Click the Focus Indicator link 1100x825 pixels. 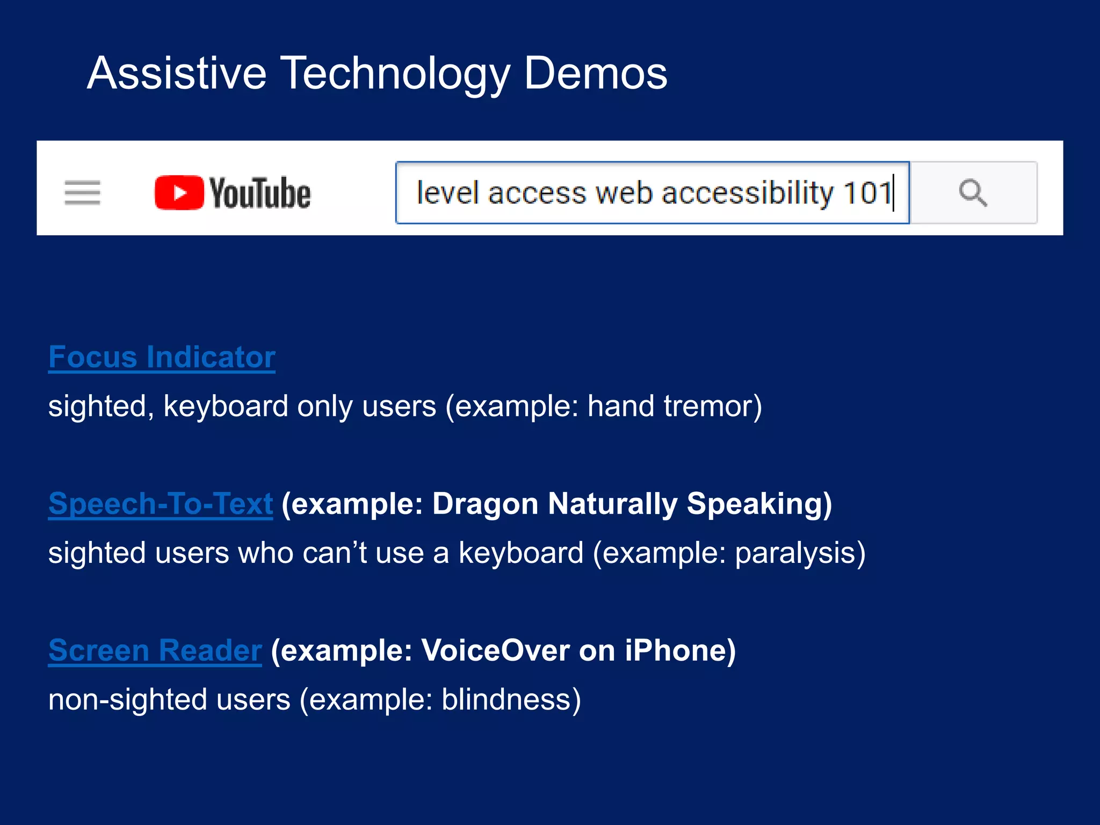click(162, 357)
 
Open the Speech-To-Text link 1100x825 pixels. click(161, 504)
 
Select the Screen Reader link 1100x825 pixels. click(155, 650)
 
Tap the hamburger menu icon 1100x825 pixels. click(82, 193)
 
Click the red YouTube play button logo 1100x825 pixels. click(179, 193)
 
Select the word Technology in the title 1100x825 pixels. click(395, 74)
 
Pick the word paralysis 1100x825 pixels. click(799, 553)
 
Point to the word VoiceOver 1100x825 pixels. click(495, 650)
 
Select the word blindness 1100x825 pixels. click(510, 699)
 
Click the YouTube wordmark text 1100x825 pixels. click(260, 193)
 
